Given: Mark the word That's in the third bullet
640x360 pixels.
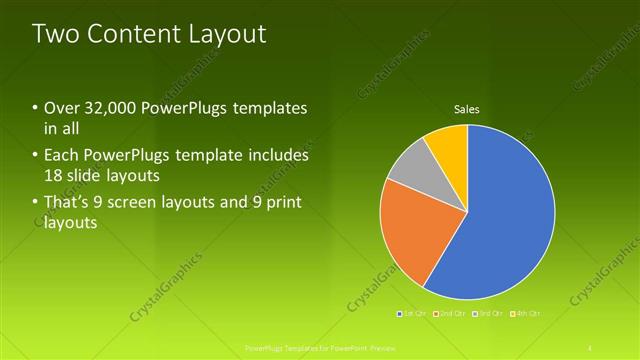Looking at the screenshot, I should (x=65, y=204).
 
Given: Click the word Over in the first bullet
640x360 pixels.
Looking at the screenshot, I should (x=60, y=108).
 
